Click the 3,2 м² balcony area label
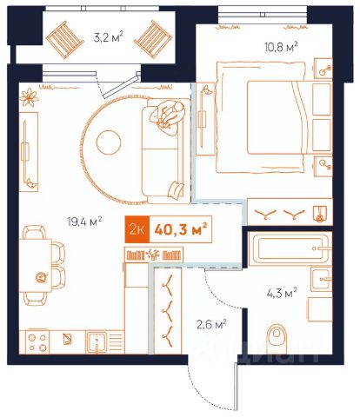coord(109,37)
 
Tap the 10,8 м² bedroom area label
coord(281,47)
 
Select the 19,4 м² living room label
coord(84,222)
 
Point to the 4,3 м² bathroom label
coord(282,293)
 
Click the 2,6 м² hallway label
coord(211,325)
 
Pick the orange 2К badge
coord(137,229)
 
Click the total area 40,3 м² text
coord(181,229)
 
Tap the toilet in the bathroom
coord(277,339)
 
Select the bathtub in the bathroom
coord(290,248)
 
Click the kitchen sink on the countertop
coord(97,342)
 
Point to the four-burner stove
coord(37,342)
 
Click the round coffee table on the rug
coord(109,142)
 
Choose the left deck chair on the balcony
coord(65,40)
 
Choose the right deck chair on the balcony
coord(153,39)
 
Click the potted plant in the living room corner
coord(29,97)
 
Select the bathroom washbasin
coord(322,279)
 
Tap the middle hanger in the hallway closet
coord(168,311)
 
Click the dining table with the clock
coord(36,265)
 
